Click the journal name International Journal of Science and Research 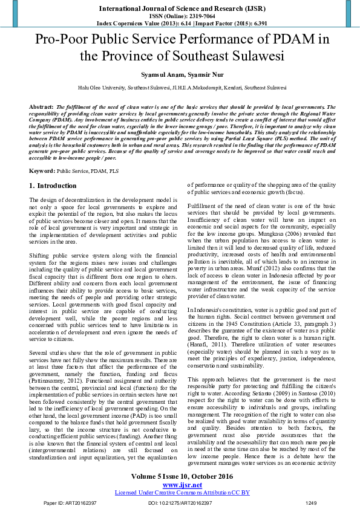[x=180, y=9]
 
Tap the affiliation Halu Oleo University [x=99, y=88]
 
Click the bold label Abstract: [x=42, y=106]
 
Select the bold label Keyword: [x=42, y=172]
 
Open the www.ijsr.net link [x=180, y=484]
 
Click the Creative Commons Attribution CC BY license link [x=180, y=492]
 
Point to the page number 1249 [x=310, y=502]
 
